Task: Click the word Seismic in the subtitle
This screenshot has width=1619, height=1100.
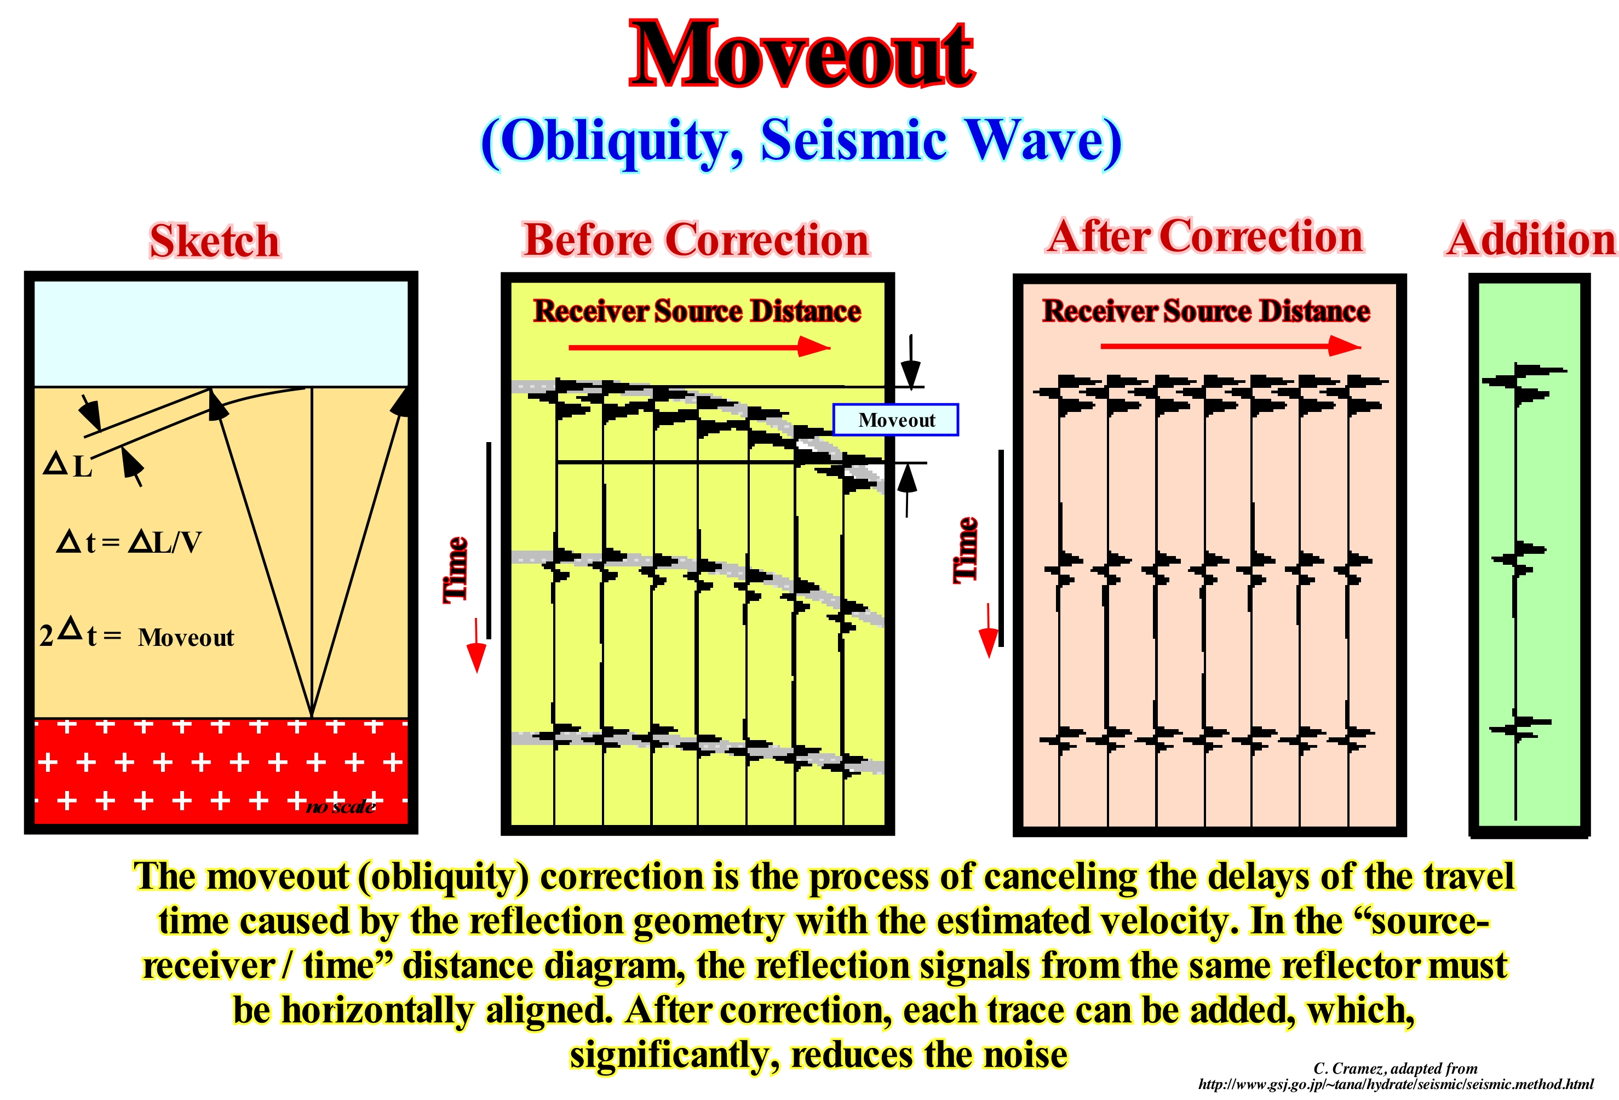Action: (x=853, y=139)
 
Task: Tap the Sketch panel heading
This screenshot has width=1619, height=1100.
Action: (x=215, y=241)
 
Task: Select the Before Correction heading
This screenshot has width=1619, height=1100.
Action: (x=696, y=239)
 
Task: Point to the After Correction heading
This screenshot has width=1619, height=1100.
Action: (x=1205, y=236)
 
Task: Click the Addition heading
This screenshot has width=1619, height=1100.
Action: (x=1530, y=239)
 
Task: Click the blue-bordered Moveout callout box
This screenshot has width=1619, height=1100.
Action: (x=896, y=420)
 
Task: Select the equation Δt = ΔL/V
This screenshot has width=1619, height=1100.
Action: (x=129, y=542)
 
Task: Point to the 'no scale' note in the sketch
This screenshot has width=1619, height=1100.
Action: (x=341, y=807)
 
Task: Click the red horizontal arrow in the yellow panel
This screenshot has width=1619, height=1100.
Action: (x=699, y=346)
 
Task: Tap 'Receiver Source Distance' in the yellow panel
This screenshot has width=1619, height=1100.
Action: (x=697, y=311)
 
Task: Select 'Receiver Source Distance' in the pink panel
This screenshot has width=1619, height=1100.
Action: (x=1207, y=311)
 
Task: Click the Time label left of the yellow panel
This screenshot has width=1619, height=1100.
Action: (x=456, y=569)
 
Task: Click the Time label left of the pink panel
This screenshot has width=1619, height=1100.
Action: (x=966, y=549)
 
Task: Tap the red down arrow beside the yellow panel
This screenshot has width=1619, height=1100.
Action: (x=476, y=645)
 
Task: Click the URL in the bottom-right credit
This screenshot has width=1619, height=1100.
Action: (x=1396, y=1084)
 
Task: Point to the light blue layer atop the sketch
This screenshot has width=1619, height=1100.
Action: (x=221, y=333)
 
